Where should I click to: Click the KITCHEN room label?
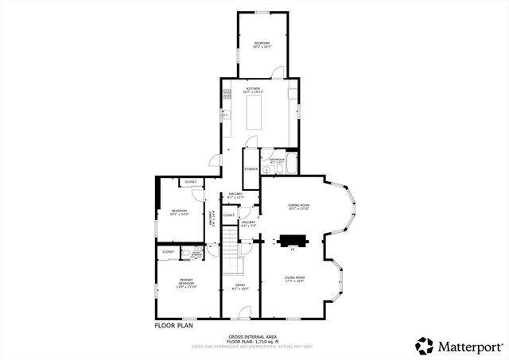click(x=253, y=88)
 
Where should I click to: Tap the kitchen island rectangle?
click(x=256, y=112)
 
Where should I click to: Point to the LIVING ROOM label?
click(x=295, y=277)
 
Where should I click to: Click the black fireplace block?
click(x=291, y=239)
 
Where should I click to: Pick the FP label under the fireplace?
click(x=293, y=250)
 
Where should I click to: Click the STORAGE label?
click(x=251, y=168)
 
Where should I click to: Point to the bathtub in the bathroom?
click(x=291, y=165)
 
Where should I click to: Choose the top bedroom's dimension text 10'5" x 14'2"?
click(x=262, y=47)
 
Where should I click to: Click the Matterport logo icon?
click(x=425, y=345)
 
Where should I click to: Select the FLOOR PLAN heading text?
click(x=173, y=324)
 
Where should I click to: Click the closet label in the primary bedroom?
click(x=168, y=251)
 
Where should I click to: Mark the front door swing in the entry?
click(x=246, y=312)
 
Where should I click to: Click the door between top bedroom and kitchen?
click(x=278, y=73)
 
